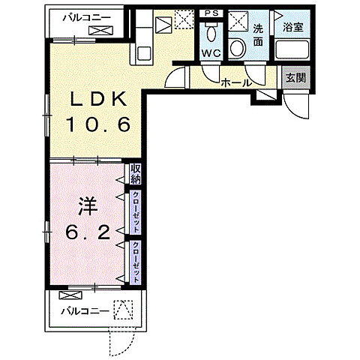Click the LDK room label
[98, 100]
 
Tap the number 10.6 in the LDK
[98, 124]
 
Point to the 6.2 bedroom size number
[88, 232]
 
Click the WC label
[211, 53]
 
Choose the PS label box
[211, 13]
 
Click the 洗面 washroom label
[258, 35]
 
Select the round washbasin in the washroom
[237, 48]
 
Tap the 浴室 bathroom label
[293, 27]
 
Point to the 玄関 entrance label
[296, 78]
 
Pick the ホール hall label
[235, 82]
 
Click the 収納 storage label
[135, 174]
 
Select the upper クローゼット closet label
[136, 212]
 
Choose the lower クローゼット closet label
[136, 262]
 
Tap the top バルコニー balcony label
[86, 18]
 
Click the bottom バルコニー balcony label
[85, 311]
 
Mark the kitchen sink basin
[144, 53]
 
